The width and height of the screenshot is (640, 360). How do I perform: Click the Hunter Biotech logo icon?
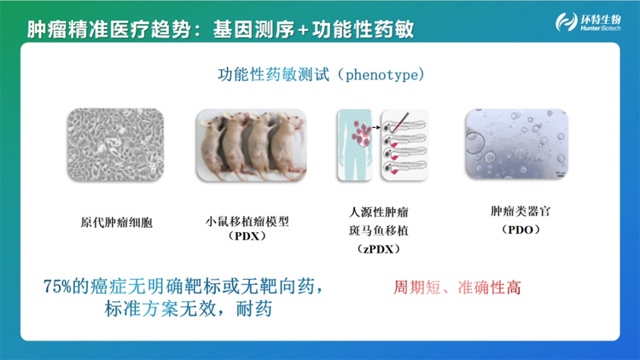(x=567, y=21)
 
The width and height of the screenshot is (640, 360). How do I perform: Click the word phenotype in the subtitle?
(x=381, y=75)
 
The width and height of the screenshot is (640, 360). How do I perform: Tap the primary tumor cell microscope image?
(x=115, y=144)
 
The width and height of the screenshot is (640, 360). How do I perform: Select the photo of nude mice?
(x=252, y=145)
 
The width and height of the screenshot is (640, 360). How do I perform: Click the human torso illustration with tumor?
(x=355, y=145)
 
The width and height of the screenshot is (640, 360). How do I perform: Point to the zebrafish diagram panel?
(x=404, y=145)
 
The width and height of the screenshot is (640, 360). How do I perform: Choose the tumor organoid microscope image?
(x=517, y=144)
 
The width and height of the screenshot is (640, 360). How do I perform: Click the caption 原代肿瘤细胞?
(x=116, y=223)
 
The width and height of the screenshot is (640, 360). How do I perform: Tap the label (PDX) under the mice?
(x=247, y=236)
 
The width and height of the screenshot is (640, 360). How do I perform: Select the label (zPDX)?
(x=378, y=249)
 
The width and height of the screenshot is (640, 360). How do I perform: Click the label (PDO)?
(x=521, y=229)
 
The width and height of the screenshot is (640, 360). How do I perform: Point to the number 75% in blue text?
(x=57, y=287)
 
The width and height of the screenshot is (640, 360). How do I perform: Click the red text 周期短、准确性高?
(x=457, y=287)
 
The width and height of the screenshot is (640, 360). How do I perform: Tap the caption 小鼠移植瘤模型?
(x=247, y=221)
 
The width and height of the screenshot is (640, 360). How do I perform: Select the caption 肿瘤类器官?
(x=521, y=212)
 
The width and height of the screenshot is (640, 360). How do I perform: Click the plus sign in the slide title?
(x=303, y=30)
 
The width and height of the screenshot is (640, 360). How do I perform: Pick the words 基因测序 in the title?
(x=253, y=29)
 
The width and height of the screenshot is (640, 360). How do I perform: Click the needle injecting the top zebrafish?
(x=400, y=122)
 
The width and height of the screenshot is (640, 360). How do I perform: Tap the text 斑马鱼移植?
(x=378, y=230)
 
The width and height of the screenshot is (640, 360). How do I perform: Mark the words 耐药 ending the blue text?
(x=254, y=309)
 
